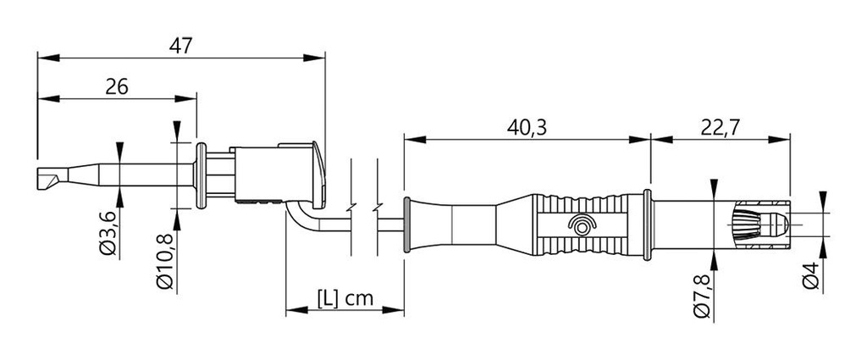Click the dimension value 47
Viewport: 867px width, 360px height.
coord(181,46)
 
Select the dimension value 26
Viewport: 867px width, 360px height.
coord(117,86)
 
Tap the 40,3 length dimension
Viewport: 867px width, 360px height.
coord(527,128)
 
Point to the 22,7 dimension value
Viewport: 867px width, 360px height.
coord(720,128)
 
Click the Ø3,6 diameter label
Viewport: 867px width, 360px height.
coord(109,233)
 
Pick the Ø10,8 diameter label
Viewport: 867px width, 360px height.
coord(165,261)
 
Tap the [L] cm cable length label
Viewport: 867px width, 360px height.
coord(345,299)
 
